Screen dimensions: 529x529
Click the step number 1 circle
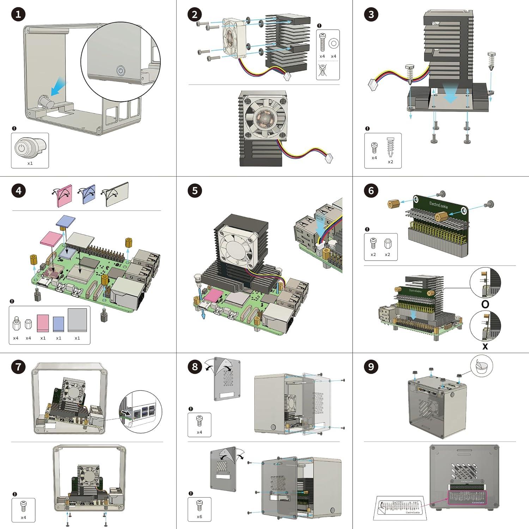[18, 14]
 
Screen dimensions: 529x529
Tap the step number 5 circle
[195, 191]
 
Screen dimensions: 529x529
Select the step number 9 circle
[371, 367]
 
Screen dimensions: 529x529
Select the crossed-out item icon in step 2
[322, 70]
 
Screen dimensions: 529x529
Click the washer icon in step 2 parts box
[333, 43]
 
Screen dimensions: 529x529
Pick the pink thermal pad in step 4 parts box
[43, 323]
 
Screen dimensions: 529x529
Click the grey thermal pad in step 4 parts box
[77, 320]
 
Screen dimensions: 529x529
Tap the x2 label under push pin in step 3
[390, 162]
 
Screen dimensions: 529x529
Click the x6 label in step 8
[199, 517]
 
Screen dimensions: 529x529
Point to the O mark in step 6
[485, 304]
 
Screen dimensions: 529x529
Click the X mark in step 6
[485, 347]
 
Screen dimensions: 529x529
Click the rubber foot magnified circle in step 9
[481, 367]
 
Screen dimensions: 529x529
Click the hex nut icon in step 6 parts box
[387, 243]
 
